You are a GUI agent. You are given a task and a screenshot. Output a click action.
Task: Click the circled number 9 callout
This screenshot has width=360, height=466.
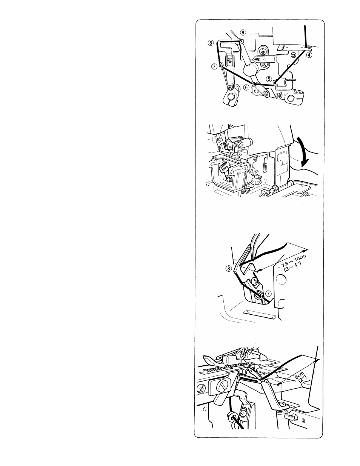[243, 32]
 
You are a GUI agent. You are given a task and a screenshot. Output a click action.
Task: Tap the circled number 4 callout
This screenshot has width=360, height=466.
[309, 55]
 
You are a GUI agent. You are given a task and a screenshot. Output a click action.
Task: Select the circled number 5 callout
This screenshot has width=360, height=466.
[269, 79]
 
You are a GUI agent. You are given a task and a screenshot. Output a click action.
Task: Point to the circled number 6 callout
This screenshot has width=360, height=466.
[247, 87]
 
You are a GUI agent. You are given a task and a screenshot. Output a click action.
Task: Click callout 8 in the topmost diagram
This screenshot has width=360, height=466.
[211, 43]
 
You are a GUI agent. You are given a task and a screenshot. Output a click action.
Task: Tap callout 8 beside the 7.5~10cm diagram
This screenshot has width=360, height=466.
[229, 268]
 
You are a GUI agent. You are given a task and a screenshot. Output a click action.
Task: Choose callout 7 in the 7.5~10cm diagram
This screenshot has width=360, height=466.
[268, 293]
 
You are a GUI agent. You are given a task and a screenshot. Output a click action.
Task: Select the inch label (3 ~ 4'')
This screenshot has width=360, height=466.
[293, 266]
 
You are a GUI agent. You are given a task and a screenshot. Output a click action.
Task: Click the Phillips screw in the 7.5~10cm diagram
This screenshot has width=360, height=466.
[255, 281]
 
